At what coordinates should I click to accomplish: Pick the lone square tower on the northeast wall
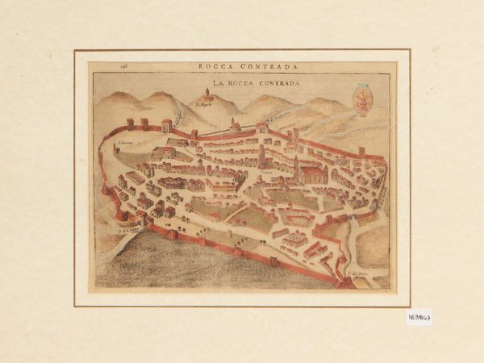(361, 150)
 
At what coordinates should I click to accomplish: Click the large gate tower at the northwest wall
(167, 126)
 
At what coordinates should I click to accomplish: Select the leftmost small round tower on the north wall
(129, 123)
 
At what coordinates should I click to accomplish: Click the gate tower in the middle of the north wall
(261, 127)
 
